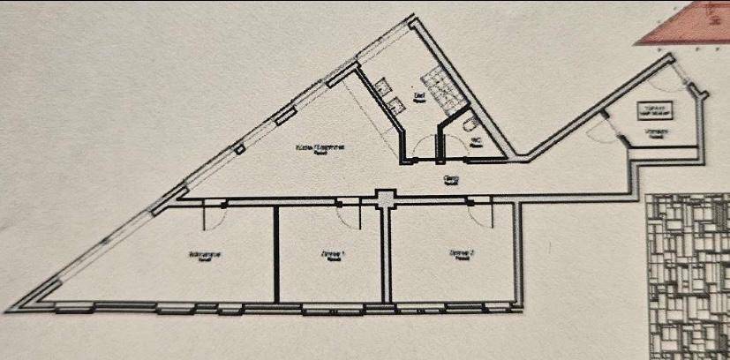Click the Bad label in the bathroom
click(420, 94)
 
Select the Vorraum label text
click(654, 133)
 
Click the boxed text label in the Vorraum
click(653, 110)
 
